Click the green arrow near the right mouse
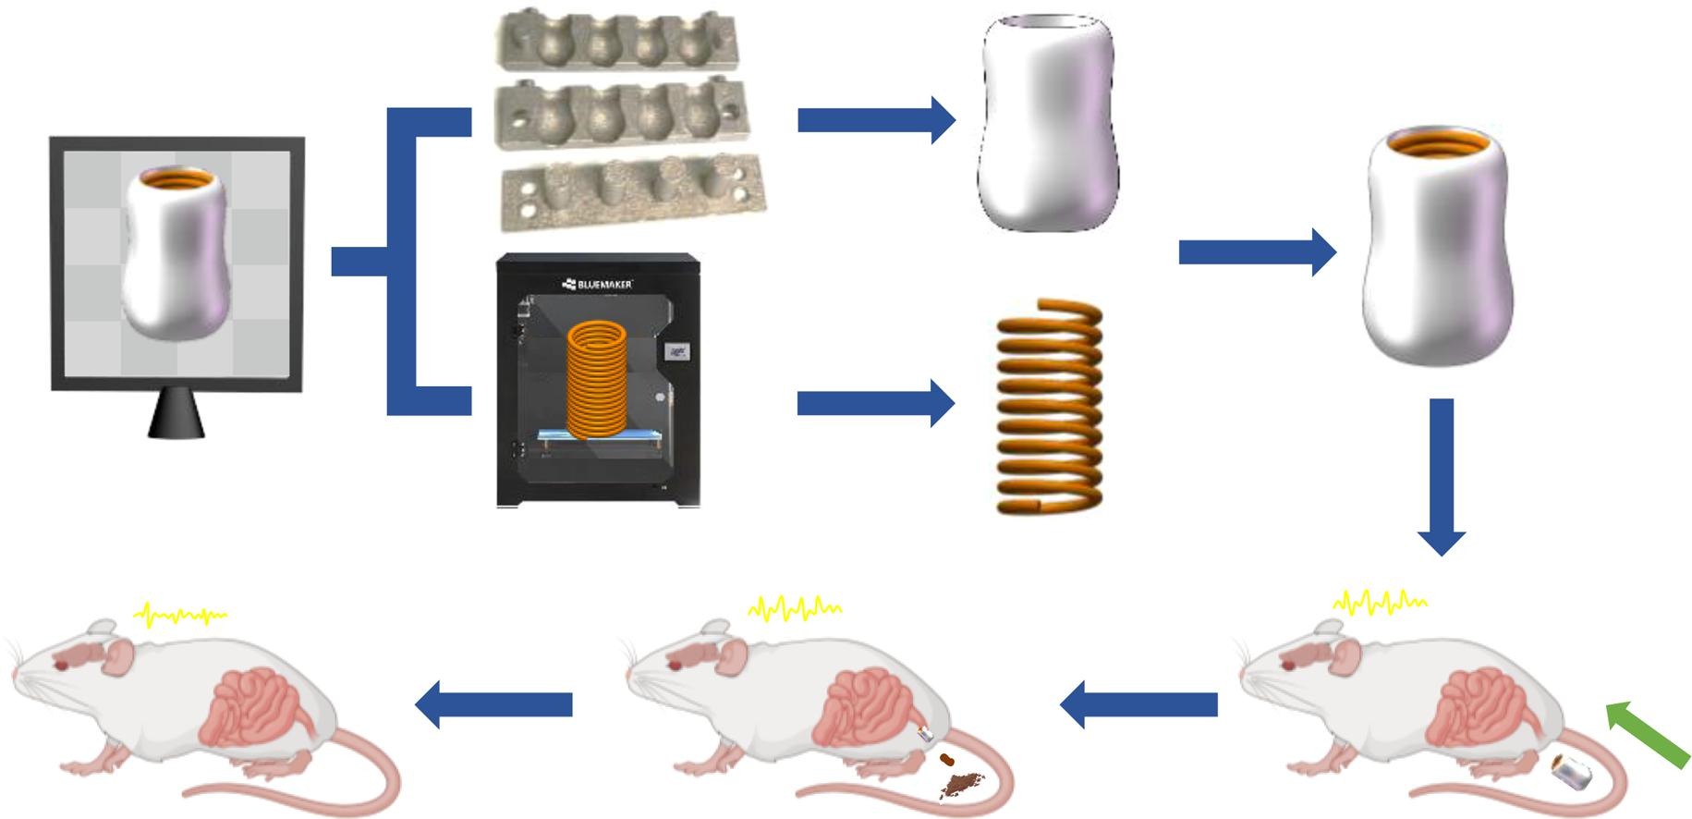click(1649, 736)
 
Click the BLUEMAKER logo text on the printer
click(598, 284)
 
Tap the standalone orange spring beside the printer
click(1049, 407)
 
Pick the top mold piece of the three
click(617, 42)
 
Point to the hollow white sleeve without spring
click(1048, 122)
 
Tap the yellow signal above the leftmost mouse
click(180, 615)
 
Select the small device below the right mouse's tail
click(1571, 773)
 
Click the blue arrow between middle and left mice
click(494, 704)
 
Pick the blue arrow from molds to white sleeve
click(874, 119)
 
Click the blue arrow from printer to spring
click(874, 403)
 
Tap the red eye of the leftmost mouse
click(61, 664)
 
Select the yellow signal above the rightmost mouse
click(1379, 604)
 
